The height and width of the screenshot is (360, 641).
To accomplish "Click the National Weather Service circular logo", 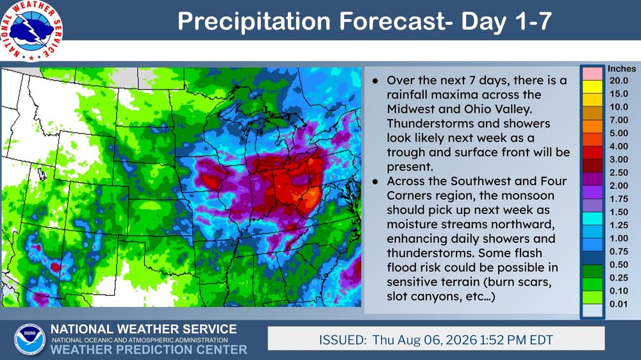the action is click(31, 31).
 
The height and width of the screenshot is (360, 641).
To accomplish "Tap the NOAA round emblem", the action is click(30, 339).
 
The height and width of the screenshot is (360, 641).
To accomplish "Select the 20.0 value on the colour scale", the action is click(619, 81).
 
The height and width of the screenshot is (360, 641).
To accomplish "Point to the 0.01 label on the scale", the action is click(619, 304).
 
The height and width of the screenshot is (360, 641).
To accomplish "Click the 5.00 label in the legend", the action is click(619, 133).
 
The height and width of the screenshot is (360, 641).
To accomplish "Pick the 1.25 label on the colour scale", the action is click(619, 225).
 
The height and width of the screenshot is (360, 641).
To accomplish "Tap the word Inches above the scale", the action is click(621, 69).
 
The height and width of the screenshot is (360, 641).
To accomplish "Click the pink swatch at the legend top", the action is click(592, 74).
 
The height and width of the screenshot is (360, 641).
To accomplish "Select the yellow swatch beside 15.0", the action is click(592, 86).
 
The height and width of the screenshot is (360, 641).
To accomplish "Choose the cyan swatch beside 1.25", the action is click(592, 218).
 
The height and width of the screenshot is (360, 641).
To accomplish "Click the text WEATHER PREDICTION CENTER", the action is click(149, 350).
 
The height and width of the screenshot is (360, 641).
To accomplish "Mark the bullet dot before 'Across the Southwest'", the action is click(375, 181).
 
